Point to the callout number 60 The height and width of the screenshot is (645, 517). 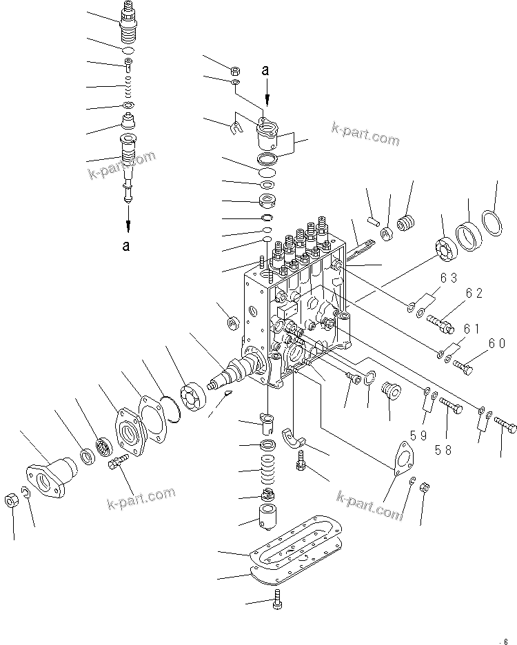point(497,343)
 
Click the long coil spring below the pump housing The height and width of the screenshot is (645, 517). point(266,471)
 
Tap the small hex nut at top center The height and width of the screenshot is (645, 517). point(234,70)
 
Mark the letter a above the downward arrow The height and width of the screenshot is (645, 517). point(267,69)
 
